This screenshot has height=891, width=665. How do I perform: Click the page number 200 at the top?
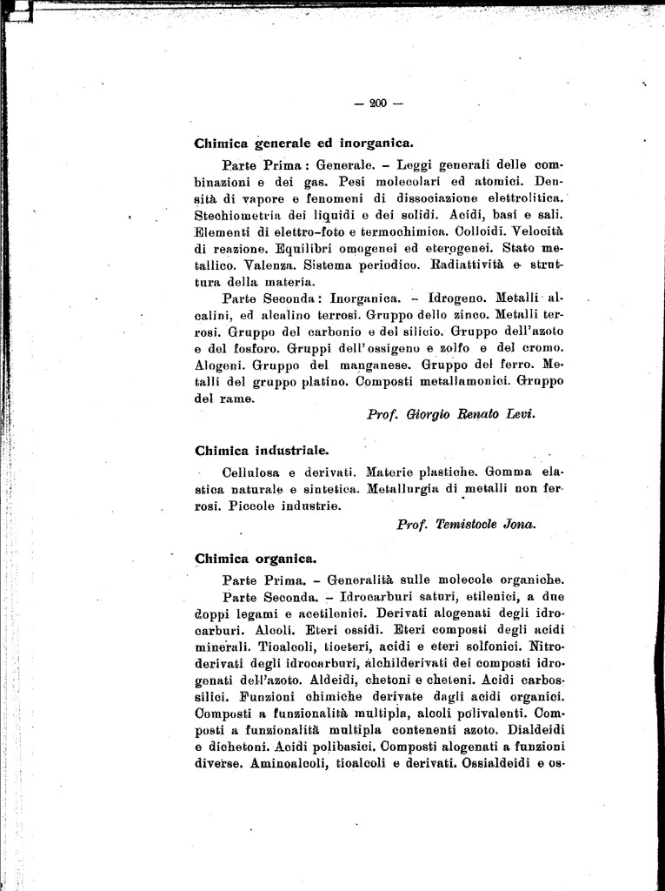click(x=377, y=104)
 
